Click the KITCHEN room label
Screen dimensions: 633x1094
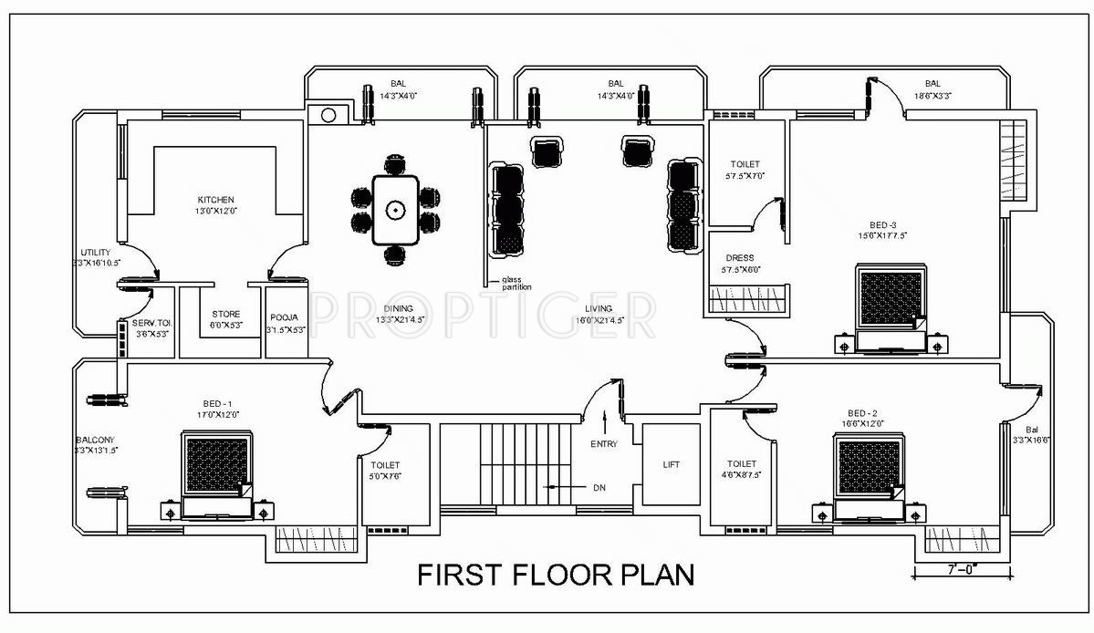(216, 200)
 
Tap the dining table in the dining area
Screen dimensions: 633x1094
(395, 211)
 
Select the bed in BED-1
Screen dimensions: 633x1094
(217, 466)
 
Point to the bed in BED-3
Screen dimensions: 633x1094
(892, 297)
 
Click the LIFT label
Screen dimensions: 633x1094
(671, 464)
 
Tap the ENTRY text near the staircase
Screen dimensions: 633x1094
(604, 444)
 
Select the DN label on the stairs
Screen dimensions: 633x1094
(599, 488)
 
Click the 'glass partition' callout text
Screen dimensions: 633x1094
(516, 284)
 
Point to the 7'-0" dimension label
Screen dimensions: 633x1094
(964, 570)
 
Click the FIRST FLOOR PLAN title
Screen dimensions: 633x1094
(556, 575)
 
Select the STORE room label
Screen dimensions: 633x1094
(226, 315)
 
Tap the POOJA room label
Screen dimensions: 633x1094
(284, 317)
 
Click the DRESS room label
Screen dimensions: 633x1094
(739, 258)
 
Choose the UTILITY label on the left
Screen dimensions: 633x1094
(95, 253)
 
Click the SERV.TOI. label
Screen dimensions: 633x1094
(151, 323)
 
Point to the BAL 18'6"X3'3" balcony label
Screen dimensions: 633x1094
(932, 83)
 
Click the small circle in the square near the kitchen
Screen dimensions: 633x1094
(327, 115)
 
